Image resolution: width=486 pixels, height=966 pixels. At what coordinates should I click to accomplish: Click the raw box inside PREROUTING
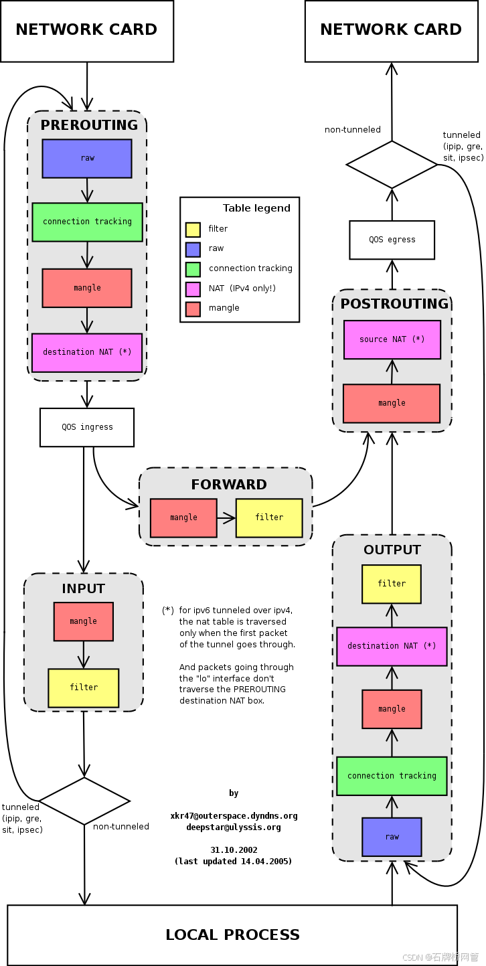click(87, 159)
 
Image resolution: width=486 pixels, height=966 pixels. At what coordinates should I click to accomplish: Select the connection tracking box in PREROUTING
click(87, 222)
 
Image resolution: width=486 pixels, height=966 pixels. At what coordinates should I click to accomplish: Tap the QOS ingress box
click(87, 427)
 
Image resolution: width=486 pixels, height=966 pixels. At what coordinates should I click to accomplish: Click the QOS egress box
click(392, 240)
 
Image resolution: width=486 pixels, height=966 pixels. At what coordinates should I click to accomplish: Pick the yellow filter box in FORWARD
click(269, 517)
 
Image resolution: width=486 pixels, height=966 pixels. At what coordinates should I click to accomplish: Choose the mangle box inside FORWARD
click(183, 517)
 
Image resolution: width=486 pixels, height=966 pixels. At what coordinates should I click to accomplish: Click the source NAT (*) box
click(392, 339)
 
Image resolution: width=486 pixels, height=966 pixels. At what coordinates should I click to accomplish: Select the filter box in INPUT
click(84, 688)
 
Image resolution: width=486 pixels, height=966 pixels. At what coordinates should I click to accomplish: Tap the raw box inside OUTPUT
click(392, 837)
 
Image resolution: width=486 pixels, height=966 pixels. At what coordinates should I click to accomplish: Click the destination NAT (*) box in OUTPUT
click(392, 646)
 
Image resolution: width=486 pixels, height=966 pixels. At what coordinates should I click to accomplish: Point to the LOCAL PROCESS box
click(232, 935)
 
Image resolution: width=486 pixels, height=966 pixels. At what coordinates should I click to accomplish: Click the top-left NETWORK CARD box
click(87, 31)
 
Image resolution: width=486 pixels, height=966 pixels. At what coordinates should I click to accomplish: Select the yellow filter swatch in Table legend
click(193, 230)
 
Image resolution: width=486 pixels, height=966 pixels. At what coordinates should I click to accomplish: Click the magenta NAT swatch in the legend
click(193, 289)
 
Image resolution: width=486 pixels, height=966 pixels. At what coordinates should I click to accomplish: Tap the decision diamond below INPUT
click(84, 801)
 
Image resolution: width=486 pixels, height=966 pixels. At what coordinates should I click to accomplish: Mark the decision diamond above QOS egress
click(392, 164)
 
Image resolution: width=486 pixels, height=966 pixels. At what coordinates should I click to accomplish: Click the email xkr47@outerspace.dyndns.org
click(234, 816)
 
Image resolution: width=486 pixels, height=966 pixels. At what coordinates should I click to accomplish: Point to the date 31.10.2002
click(234, 850)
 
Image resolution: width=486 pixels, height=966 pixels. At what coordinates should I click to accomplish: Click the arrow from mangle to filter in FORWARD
click(226, 517)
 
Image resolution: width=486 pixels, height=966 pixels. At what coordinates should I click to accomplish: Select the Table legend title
click(256, 208)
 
